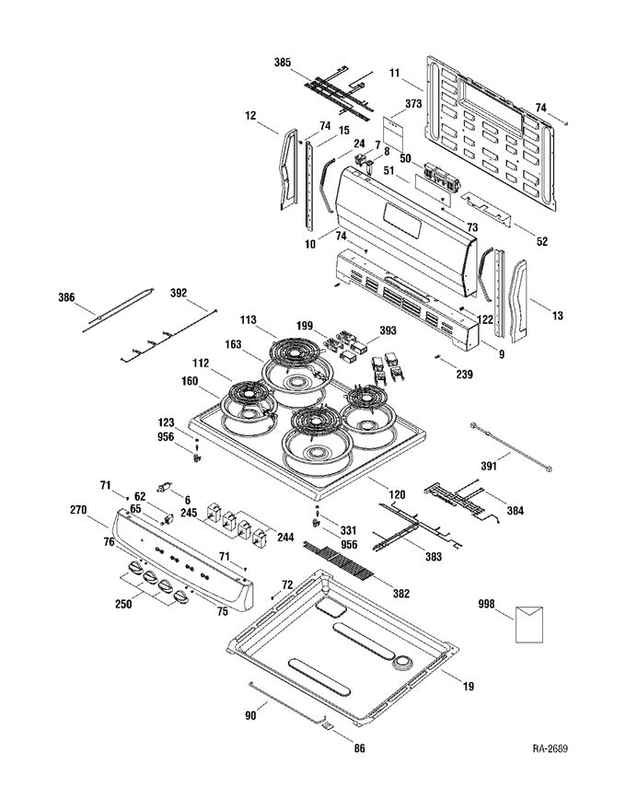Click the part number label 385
283,62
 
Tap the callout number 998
487,604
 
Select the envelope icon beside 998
528,623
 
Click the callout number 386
66,298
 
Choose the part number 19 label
469,685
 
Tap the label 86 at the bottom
359,749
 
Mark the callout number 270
78,508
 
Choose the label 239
466,376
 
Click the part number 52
542,241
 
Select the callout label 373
413,105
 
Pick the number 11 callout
394,71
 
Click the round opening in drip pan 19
402,663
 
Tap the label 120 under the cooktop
396,495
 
